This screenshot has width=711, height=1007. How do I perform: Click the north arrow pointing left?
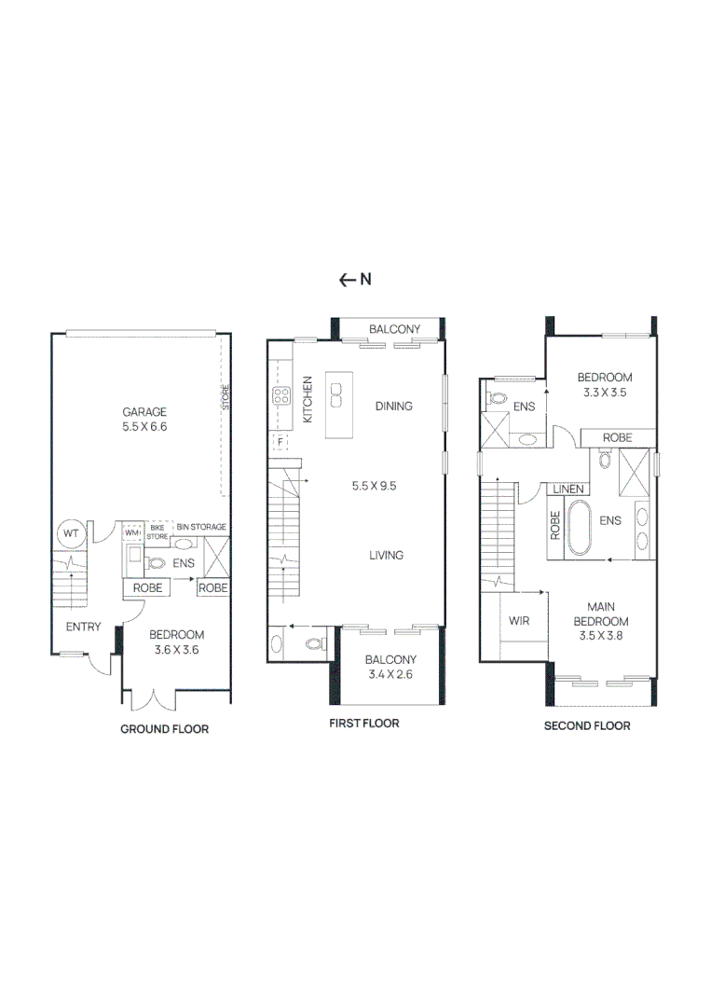(347, 279)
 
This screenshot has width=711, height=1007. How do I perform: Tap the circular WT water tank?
(70, 534)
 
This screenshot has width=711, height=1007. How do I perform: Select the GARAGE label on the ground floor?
(144, 411)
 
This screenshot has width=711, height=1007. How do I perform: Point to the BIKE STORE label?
(157, 532)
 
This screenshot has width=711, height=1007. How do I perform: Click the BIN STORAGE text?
(200, 528)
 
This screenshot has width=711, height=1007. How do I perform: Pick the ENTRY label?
(83, 627)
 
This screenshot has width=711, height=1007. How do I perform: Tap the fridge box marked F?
(279, 441)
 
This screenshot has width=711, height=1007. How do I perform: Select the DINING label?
(393, 406)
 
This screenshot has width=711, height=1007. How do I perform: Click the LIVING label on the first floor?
(386, 555)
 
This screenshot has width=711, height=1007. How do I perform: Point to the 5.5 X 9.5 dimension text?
(374, 485)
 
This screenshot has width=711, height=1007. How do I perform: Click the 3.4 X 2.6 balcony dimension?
(390, 674)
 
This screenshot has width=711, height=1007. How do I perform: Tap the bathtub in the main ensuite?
(580, 529)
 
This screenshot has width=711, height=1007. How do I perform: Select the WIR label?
(519, 620)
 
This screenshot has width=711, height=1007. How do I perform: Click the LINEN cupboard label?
(568, 489)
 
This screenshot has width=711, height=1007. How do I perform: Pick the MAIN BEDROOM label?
(600, 614)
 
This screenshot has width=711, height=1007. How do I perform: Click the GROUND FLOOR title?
(164, 729)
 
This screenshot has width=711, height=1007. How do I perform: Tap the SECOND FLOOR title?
(587, 725)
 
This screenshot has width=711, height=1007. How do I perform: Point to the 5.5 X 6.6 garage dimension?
(144, 426)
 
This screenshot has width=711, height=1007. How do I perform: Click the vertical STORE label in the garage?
(225, 398)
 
